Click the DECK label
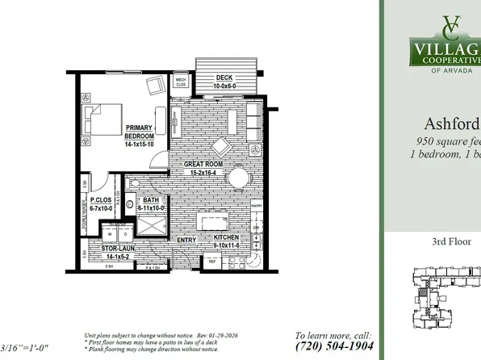(x=224, y=77)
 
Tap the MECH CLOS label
(x=181, y=82)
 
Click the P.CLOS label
(x=100, y=200)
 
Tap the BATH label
(x=151, y=200)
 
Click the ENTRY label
(x=186, y=240)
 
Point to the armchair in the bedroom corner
(x=156, y=85)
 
